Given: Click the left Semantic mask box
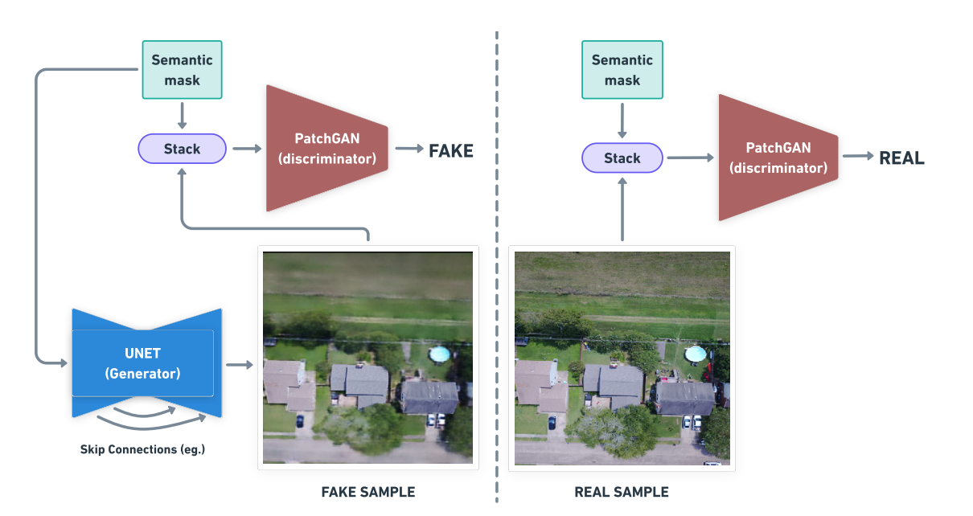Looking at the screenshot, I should tap(182, 70).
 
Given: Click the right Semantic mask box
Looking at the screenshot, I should tap(622, 70).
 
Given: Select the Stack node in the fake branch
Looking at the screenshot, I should tap(182, 149).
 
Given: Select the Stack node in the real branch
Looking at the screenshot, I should tap(622, 158).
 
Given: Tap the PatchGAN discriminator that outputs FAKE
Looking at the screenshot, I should tap(326, 149).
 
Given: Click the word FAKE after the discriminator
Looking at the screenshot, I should tap(451, 150).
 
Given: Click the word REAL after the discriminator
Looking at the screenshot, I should tap(901, 158).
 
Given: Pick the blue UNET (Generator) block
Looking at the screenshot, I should tap(143, 363).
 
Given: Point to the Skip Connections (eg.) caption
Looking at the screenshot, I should tap(142, 449).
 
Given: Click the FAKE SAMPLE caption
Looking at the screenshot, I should tap(368, 492).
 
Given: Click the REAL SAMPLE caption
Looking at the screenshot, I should tap(622, 492).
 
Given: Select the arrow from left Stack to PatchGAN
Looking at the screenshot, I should tap(247, 149).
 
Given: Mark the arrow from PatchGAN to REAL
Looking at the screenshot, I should tap(857, 158).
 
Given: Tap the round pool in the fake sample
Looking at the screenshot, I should tap(439, 353).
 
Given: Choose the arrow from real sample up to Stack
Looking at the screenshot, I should tap(622, 209).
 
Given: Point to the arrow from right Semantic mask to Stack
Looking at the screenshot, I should tap(622, 121).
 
